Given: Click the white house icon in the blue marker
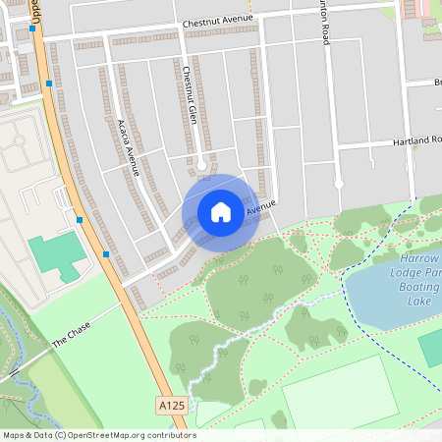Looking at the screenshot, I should pyautogui.click(x=221, y=211).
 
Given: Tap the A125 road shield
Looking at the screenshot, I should pyautogui.click(x=170, y=404).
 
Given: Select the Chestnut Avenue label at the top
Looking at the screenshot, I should pyautogui.click(x=217, y=20).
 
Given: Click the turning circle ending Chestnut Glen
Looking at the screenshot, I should pyautogui.click(x=201, y=165).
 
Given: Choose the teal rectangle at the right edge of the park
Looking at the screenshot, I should pyautogui.click(x=431, y=348).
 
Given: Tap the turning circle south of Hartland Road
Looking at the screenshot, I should pyautogui.click(x=338, y=183).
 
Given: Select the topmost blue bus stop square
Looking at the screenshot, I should pyautogui.click(x=33, y=28).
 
